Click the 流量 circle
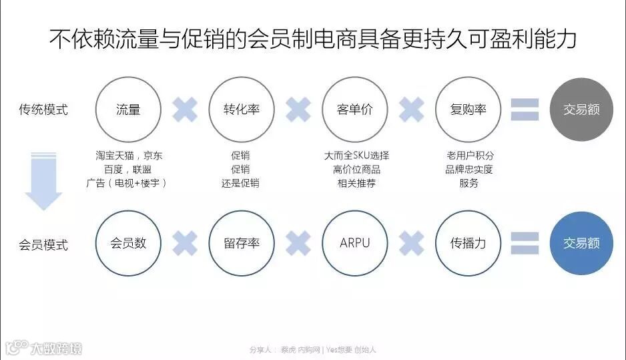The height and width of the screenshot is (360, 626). [128, 110]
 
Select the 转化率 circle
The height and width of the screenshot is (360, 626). [242, 110]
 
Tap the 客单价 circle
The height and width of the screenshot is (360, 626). [356, 110]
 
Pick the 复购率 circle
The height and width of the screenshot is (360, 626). [468, 110]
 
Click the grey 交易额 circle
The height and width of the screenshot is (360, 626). [581, 110]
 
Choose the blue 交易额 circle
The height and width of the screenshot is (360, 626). [581, 243]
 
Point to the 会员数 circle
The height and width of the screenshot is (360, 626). [128, 243]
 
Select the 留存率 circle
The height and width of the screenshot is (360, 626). [242, 243]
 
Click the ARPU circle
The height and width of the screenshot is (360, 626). [356, 243]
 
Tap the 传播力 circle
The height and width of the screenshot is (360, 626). [468, 243]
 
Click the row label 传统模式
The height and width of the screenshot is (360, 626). [43, 110]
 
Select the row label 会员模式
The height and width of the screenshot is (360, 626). [43, 244]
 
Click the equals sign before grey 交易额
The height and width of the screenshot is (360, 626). [525, 110]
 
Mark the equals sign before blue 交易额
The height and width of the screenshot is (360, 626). [525, 243]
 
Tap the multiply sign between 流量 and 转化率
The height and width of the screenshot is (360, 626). [185, 110]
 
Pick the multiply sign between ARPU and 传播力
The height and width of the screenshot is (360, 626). [412, 243]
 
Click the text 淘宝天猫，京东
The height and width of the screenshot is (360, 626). [128, 156]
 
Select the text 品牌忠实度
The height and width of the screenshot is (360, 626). [468, 169]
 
